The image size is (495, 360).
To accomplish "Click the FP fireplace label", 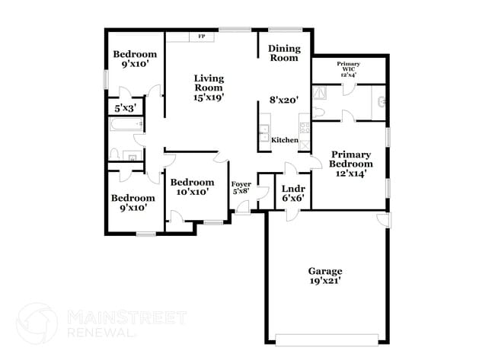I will (x=202, y=37).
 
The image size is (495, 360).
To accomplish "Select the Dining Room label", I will (x=284, y=53).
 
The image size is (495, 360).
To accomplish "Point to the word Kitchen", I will (x=284, y=140).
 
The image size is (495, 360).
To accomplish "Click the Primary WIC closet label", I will (x=349, y=70).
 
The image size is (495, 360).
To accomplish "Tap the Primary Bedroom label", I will (x=351, y=158).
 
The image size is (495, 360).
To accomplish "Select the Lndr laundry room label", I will (x=293, y=188).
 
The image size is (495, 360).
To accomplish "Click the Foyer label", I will (x=241, y=183).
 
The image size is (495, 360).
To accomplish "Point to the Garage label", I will (x=324, y=271).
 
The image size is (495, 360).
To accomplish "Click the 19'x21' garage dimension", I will (x=324, y=281).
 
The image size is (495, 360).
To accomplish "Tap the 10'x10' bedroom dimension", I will (x=191, y=193).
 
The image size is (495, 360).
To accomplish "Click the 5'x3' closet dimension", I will (x=124, y=109).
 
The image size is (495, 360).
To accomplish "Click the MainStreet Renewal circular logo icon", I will (x=37, y=323).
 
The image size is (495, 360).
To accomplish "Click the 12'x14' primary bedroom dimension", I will (x=351, y=174).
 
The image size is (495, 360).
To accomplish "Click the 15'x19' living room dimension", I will (x=209, y=97).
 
